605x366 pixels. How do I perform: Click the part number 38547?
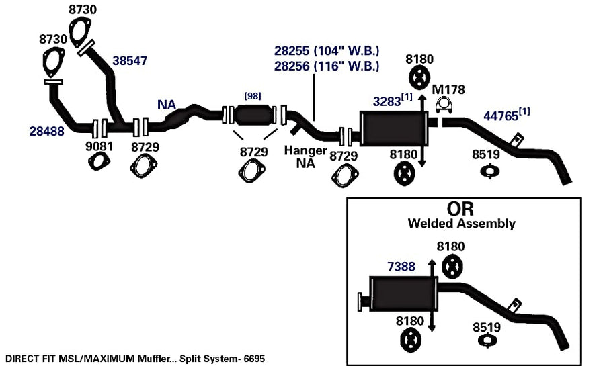[x=130, y=61]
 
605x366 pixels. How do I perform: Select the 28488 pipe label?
[x=46, y=132]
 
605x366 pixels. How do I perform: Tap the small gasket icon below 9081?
[x=99, y=161]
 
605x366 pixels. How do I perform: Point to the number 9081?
[x=99, y=146]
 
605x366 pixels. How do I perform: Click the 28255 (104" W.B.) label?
[x=327, y=51]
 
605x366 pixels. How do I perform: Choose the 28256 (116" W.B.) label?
[x=327, y=66]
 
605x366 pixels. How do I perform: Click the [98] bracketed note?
[x=253, y=96]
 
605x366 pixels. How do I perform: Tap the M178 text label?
[x=448, y=90]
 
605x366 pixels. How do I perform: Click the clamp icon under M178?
[x=444, y=105]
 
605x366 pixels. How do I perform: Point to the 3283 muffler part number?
[x=387, y=101]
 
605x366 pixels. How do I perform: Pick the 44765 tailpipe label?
[x=501, y=116]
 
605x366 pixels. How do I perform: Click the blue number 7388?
[x=401, y=267]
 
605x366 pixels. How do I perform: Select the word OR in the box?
[x=460, y=209]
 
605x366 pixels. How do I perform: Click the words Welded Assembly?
[x=461, y=224]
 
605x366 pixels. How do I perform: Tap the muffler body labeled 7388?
[x=403, y=293]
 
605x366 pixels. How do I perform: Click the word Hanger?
[x=306, y=150]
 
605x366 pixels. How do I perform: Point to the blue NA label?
[x=167, y=105]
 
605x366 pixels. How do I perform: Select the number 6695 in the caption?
[x=254, y=359]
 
